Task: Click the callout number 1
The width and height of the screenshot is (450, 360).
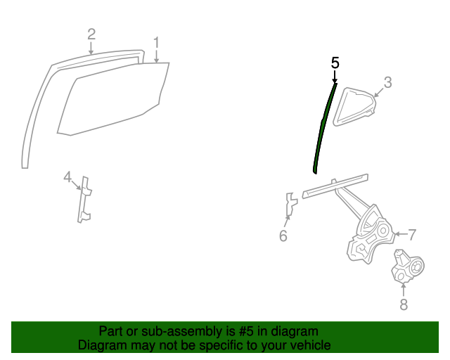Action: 156,41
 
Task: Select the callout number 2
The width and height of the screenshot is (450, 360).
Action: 91,34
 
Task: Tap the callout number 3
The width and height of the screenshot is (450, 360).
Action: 387,82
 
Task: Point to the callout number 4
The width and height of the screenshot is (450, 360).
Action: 67,176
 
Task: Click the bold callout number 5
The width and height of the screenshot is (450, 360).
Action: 335,63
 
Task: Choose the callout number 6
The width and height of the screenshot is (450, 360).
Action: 283,236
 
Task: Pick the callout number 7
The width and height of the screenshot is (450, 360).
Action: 412,234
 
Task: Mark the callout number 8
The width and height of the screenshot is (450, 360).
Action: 404,304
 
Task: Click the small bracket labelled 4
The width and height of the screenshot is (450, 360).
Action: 84,200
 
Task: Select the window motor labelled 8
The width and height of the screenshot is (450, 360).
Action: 406,269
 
